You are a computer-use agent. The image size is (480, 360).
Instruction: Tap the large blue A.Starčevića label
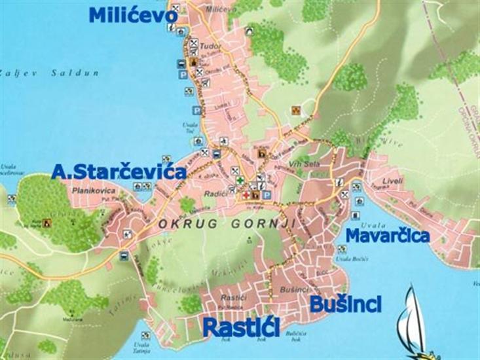(x=119, y=172)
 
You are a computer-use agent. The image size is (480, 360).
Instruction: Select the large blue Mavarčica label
(x=387, y=235)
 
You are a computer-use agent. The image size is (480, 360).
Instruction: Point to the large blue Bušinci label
(x=345, y=304)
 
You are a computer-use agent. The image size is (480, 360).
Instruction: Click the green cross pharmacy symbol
(x=240, y=181)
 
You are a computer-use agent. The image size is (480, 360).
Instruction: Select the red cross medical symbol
(x=247, y=195)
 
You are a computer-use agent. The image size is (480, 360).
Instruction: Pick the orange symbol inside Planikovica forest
(x=47, y=223)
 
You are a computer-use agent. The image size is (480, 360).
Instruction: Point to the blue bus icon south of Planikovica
(x=124, y=257)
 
